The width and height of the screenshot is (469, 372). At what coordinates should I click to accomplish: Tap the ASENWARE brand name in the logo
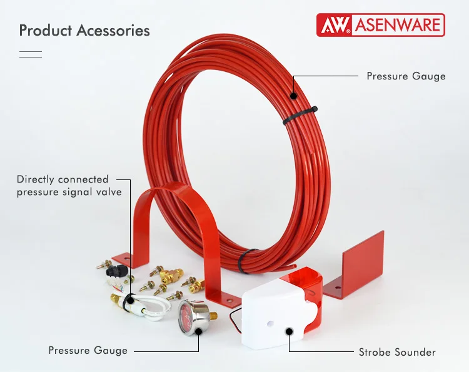(398, 26)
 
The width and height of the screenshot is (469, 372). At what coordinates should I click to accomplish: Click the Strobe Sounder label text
(398, 352)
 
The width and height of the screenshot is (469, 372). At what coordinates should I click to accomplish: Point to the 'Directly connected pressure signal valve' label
(69, 186)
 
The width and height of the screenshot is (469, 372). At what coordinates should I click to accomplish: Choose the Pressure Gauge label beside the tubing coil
(406, 76)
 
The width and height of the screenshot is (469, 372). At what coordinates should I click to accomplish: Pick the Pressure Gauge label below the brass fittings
(88, 351)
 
